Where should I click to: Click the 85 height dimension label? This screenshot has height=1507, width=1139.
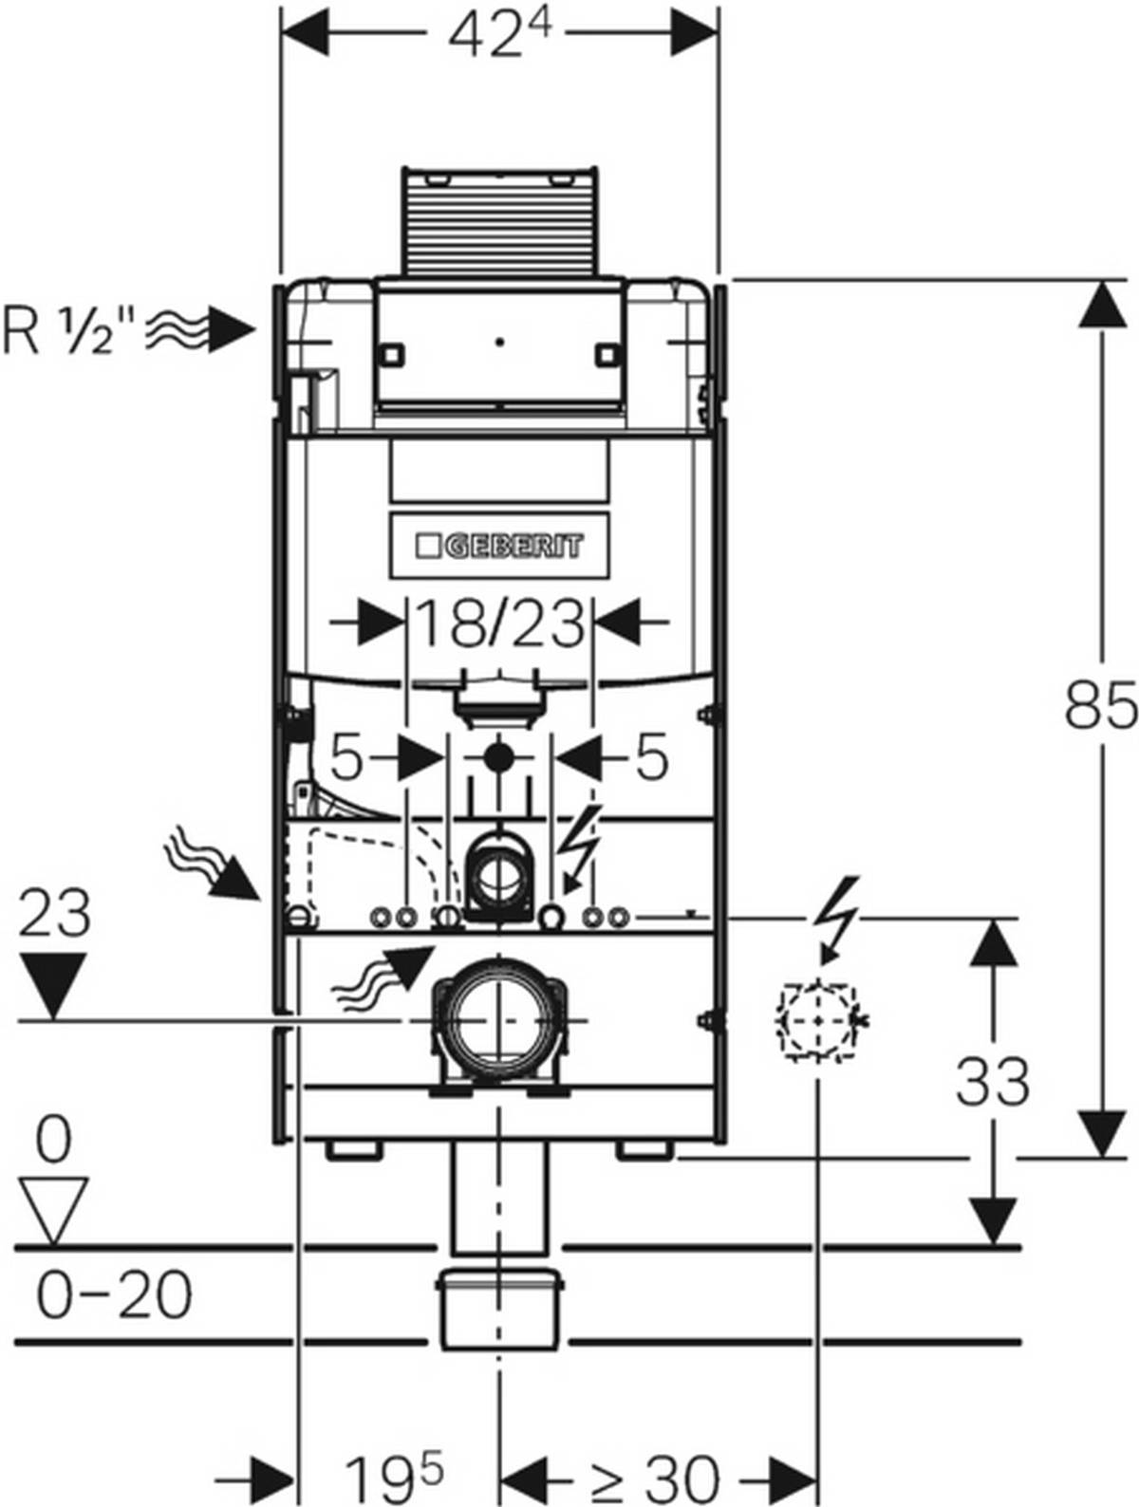(x=1099, y=705)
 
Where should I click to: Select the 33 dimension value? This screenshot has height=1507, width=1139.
(x=992, y=1081)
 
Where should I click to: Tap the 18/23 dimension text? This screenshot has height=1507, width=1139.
(x=499, y=625)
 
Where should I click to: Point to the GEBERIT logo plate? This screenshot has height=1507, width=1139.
(x=500, y=547)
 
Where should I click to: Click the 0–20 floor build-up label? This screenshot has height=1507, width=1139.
(x=114, y=1294)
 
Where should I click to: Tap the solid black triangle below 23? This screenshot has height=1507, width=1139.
(x=53, y=987)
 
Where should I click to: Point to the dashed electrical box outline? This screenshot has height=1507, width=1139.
(x=816, y=1021)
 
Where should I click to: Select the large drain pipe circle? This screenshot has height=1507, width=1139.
(x=499, y=1021)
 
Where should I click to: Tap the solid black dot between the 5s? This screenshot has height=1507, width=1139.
(x=499, y=758)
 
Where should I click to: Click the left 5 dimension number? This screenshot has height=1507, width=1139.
(x=346, y=758)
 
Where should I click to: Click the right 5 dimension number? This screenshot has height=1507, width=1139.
(x=651, y=758)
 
